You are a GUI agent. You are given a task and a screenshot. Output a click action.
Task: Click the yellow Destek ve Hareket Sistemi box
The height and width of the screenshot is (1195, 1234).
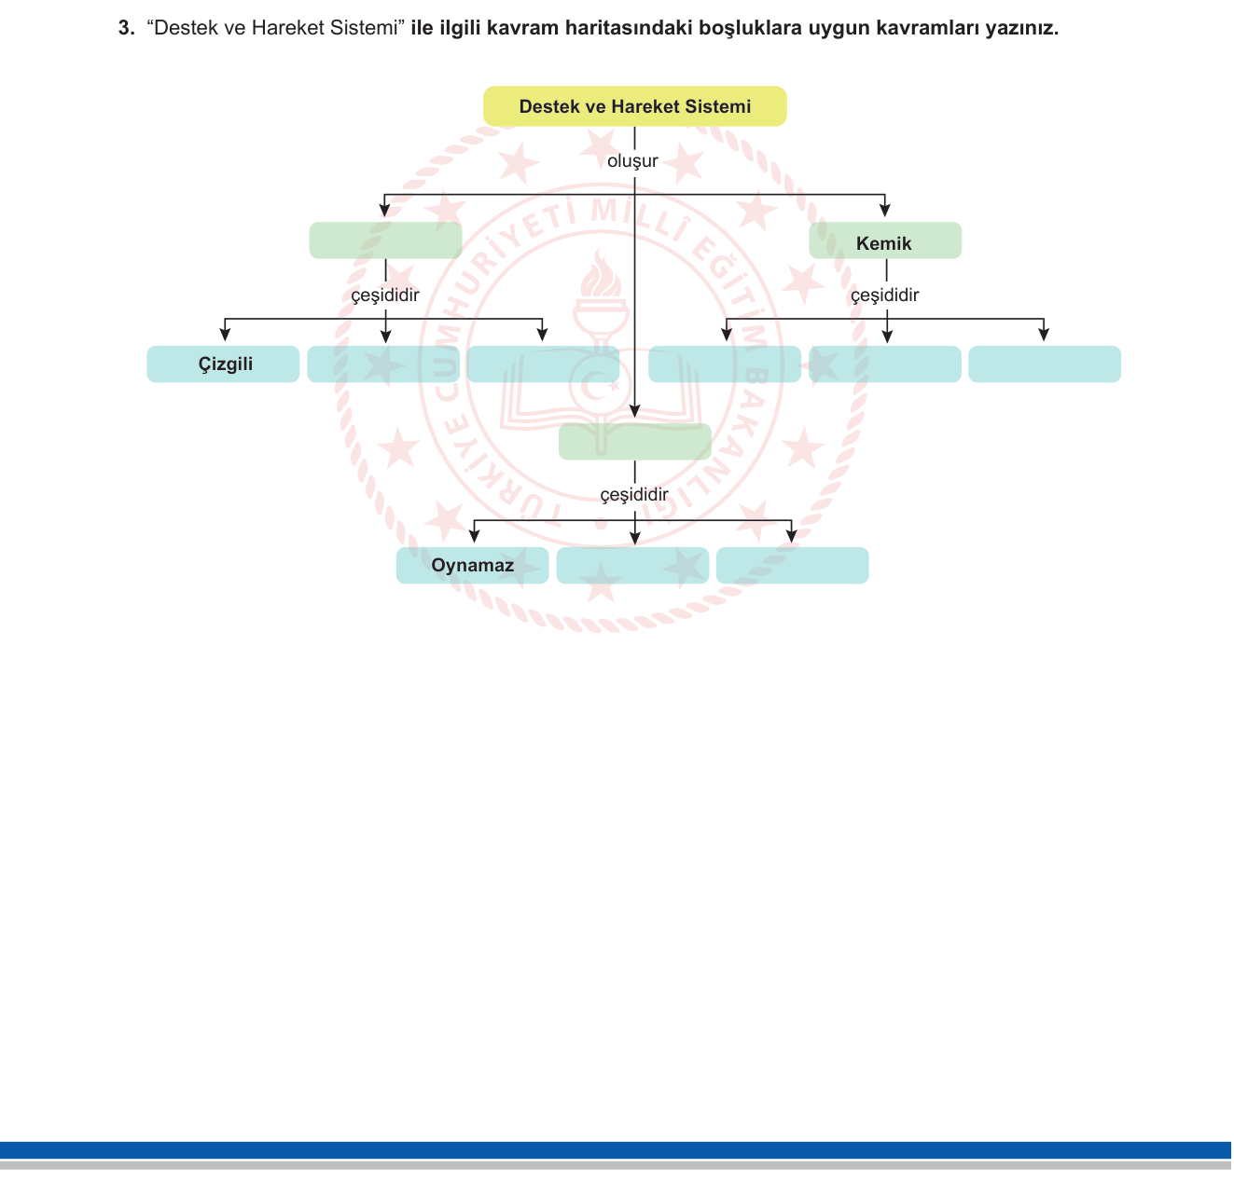pos(635,106)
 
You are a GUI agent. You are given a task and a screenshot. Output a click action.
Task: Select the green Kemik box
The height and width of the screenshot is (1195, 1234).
pos(885,240)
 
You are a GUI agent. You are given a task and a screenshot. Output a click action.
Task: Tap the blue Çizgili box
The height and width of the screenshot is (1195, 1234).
pos(223,364)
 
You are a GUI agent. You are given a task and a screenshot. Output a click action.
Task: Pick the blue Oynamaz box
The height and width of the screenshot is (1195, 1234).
pos(472,565)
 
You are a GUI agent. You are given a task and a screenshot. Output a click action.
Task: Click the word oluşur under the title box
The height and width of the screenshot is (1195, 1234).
pos(632,161)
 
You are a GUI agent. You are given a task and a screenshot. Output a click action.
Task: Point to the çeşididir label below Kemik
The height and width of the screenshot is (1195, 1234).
pos(884,295)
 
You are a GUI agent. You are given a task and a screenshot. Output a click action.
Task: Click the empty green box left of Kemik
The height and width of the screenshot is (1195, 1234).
pos(385,240)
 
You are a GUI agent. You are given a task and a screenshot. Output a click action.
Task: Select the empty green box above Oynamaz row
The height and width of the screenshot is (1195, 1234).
pos(635,442)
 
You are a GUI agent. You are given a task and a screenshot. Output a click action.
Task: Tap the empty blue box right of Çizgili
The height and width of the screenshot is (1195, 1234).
pos(383,364)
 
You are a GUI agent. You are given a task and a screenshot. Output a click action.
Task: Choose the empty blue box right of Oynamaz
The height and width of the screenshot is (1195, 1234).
pos(632,565)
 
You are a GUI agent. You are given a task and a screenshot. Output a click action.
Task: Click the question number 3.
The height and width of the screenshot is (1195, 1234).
pos(126,28)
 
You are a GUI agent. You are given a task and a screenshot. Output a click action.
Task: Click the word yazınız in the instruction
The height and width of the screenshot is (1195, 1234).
pos(1021,28)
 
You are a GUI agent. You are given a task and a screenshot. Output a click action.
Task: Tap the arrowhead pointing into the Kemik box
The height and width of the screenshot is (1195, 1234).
pos(884,210)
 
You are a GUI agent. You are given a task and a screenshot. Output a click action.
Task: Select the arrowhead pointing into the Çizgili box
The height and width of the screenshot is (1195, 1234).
pos(225,334)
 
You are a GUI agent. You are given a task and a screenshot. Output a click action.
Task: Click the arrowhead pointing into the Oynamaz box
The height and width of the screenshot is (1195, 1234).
pos(474,536)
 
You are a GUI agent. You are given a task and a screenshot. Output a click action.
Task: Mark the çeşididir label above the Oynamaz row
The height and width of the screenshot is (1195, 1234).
pos(634,495)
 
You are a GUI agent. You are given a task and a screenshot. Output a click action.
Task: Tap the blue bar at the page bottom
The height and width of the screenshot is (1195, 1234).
pos(615,1150)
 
